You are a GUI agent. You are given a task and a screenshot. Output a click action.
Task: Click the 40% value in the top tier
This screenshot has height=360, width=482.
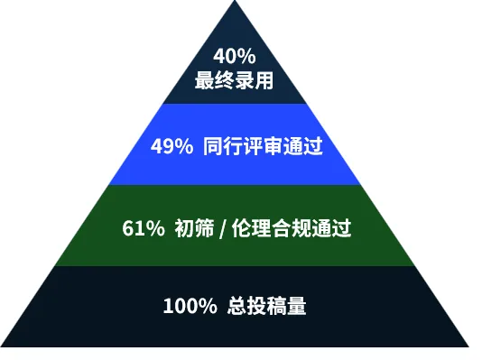[235, 56]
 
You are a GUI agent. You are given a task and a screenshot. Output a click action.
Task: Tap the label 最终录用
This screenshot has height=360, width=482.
[235, 80]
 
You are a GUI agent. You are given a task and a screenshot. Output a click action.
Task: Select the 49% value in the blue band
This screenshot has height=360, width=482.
[171, 146]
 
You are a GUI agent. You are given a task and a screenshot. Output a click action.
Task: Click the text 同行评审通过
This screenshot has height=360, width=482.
[263, 146]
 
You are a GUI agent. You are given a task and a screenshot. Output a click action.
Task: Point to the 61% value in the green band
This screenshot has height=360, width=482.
[144, 228]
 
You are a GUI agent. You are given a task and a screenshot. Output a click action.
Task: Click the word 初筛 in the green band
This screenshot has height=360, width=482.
[194, 228]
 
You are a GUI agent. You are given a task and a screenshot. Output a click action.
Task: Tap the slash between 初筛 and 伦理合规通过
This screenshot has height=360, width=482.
[223, 229]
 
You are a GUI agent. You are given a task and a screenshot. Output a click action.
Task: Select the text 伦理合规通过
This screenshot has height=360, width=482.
[292, 228]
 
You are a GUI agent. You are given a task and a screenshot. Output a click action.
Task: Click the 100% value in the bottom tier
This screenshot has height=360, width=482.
[190, 306]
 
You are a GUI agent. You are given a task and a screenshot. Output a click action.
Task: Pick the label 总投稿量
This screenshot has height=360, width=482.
[267, 306]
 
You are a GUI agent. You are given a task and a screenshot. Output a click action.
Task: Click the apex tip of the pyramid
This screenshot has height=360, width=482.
[236, 1]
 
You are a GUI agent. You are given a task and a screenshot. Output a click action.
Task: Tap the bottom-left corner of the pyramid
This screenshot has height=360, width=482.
[1, 346]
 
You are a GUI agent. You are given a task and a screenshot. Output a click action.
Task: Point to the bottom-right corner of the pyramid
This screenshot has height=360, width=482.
[469, 346]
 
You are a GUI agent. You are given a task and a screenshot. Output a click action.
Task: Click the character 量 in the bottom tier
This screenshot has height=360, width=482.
[297, 306]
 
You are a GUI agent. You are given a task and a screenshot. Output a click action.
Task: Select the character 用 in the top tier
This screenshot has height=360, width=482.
[264, 80]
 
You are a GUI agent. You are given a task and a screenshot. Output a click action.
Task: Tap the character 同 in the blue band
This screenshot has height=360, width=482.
[213, 146]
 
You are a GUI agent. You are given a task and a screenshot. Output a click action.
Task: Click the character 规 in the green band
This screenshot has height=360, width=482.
[301, 228]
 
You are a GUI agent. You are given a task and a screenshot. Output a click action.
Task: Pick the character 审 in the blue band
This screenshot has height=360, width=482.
[273, 146]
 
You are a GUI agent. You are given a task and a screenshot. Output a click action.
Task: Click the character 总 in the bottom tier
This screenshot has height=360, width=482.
[237, 306]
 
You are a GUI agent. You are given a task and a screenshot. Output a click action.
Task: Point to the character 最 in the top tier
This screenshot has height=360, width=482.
[204, 80]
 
